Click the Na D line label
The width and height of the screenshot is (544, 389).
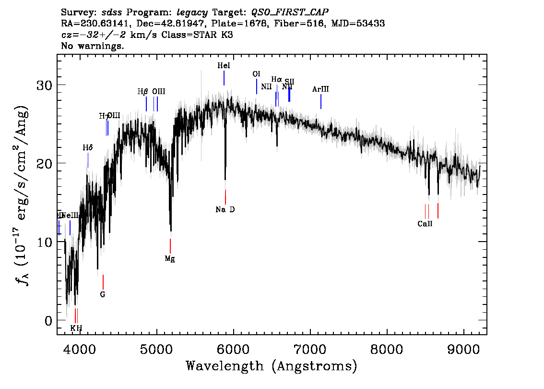tap(225, 209)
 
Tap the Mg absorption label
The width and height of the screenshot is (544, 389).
tap(170, 259)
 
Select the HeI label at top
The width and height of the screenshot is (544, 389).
tap(224, 65)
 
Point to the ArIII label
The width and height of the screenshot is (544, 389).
tap(320, 89)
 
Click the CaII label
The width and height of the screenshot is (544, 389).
tap(425, 224)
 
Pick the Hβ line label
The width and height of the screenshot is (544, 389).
tap(143, 92)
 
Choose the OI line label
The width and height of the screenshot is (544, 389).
tap(256, 74)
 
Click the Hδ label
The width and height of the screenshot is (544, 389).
tap(87, 148)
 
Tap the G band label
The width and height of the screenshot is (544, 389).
tap(103, 294)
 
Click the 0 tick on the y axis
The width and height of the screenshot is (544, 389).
tap(49, 320)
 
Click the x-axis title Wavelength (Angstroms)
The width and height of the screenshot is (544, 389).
tap(272, 366)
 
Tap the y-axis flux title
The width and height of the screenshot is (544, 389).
tap(23, 194)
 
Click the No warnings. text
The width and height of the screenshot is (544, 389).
tap(93, 46)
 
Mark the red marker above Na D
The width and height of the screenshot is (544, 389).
tap(225, 197)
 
